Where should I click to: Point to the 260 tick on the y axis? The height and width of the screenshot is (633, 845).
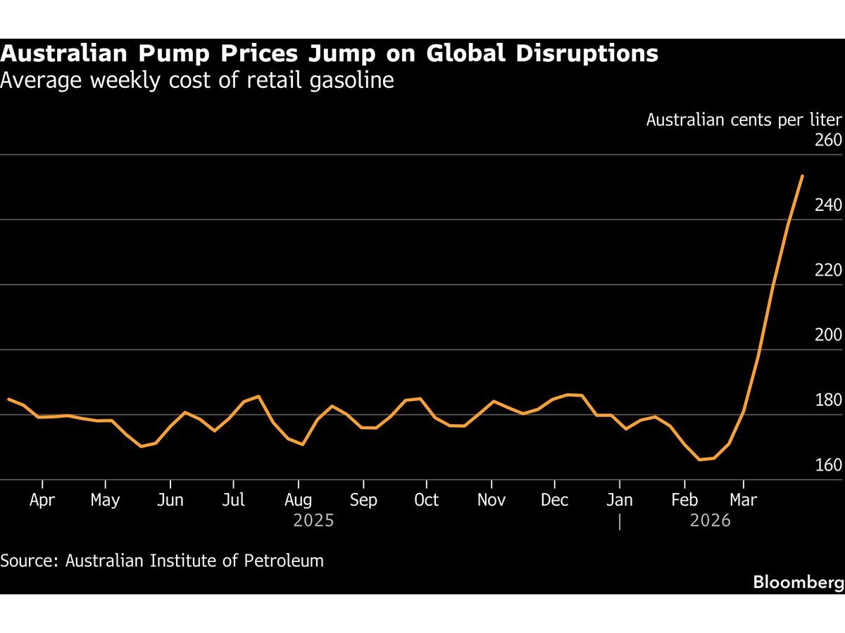(828, 140)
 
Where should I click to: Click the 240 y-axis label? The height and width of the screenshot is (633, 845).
(828, 205)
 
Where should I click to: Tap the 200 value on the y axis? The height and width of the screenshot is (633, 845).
(828, 335)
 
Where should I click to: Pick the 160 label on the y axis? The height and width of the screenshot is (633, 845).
(828, 465)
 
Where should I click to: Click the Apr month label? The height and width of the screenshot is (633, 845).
(42, 500)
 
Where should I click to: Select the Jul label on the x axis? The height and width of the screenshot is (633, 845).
(233, 500)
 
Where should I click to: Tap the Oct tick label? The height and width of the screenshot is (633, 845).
(426, 500)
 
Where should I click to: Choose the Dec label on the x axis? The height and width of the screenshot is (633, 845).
(555, 500)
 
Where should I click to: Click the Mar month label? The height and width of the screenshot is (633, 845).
(743, 500)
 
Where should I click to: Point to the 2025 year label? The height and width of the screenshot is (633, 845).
(313, 521)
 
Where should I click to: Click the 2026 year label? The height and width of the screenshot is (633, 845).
(710, 521)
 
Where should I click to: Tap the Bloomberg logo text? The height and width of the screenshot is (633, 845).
(798, 582)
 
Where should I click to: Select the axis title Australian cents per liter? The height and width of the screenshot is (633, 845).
(744, 120)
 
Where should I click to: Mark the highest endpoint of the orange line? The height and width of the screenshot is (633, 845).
(802, 176)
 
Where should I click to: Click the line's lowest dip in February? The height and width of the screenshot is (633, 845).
(700, 459)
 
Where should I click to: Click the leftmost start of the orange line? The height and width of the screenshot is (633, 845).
(8, 399)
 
